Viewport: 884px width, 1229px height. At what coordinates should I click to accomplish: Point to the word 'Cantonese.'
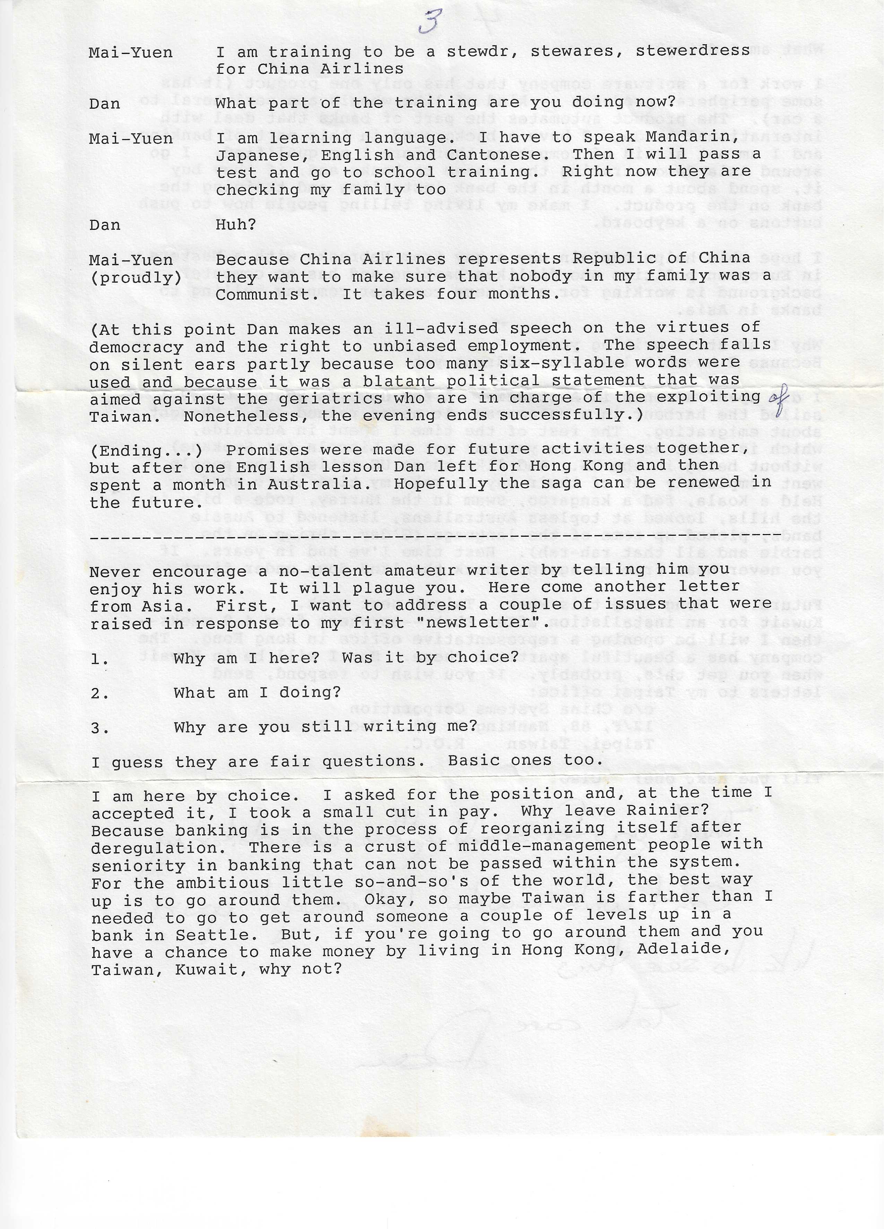point(510,155)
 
